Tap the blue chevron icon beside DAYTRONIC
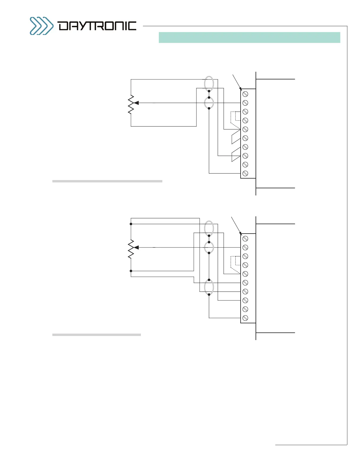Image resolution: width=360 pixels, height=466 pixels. (41, 26)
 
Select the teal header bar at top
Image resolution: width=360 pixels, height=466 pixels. (249, 37)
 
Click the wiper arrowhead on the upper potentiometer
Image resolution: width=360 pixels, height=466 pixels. (136, 103)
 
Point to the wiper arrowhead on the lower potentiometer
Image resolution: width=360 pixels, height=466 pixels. (136, 248)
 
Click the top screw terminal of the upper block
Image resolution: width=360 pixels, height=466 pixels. (245, 94)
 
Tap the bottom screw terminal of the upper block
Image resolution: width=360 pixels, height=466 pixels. (245, 174)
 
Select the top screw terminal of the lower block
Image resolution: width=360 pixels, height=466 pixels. (245, 239)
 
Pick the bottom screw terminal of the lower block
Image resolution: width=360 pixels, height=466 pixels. (245, 318)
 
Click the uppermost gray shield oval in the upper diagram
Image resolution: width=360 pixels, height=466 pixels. (209, 84)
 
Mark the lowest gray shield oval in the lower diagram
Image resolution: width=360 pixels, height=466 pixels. (209, 287)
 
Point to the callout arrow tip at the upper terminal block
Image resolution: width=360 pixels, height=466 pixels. (241, 90)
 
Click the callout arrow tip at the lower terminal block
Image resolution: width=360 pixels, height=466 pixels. (241, 235)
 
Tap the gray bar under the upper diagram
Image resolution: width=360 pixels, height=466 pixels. (107, 181)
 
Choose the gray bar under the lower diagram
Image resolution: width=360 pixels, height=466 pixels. (96, 335)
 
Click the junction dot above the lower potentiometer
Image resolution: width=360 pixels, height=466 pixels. (131, 224)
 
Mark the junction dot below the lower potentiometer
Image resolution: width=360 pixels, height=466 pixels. (131, 271)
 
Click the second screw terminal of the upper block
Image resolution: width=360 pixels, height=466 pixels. (245, 103)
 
